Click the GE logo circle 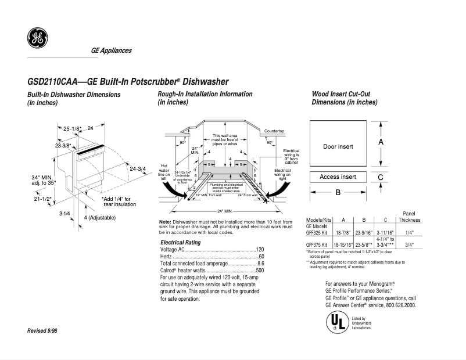37,38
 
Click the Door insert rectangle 338,146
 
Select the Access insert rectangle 338,177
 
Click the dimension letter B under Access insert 338,193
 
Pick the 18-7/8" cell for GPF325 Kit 343,231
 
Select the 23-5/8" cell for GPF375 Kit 364,245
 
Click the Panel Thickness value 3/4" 409,245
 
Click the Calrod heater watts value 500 260,271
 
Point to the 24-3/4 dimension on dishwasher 137,169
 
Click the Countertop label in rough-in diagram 274,131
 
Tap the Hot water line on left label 163,172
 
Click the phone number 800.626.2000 398,305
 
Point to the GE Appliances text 111,51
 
